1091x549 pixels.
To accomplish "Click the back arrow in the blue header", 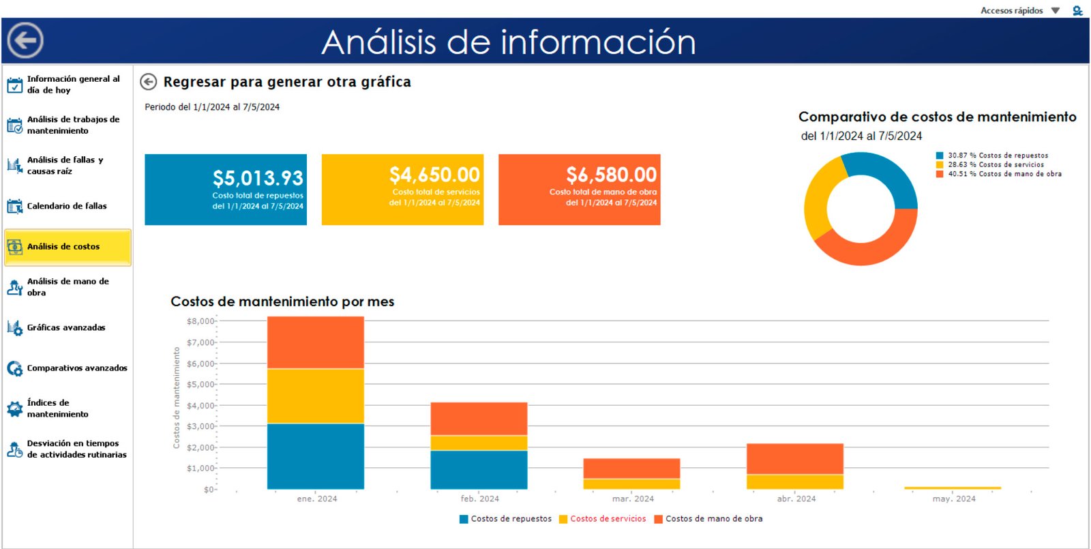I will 26,41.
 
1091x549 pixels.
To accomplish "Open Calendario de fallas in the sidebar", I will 66,206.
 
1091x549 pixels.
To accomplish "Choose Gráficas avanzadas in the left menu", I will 65,328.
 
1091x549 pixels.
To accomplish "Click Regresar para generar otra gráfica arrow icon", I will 148,82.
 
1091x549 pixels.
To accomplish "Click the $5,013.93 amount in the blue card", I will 258,179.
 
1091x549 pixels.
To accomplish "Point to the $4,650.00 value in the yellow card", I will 434,175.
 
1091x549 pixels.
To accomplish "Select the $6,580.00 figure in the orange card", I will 611,175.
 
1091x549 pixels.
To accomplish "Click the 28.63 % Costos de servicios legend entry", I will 996,165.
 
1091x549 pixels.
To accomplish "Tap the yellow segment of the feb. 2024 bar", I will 479,443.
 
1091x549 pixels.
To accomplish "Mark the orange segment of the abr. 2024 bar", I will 794,458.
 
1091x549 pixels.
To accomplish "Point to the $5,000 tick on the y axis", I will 200,385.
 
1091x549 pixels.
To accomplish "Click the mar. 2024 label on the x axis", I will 633,499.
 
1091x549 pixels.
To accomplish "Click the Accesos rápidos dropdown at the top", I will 1019,10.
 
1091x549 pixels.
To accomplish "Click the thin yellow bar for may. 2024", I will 952,488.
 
